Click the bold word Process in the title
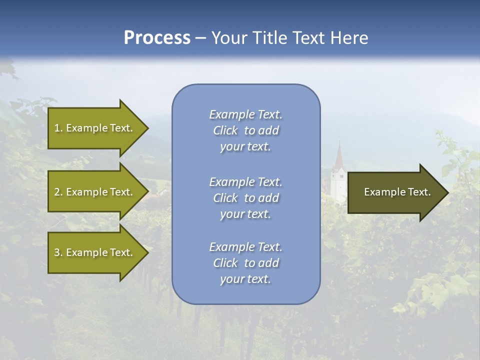coord(157,38)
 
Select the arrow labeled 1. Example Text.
coord(95,128)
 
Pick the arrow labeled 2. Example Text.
coord(95,192)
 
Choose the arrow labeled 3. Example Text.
coord(95,252)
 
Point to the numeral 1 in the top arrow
coord(56,128)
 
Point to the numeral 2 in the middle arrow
coord(57,192)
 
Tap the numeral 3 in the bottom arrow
coord(57,252)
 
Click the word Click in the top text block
coord(225,130)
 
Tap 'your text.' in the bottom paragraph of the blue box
coord(245,279)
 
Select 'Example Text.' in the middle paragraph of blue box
coord(245,182)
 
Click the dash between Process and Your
coord(200,38)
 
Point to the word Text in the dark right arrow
coord(419,192)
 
